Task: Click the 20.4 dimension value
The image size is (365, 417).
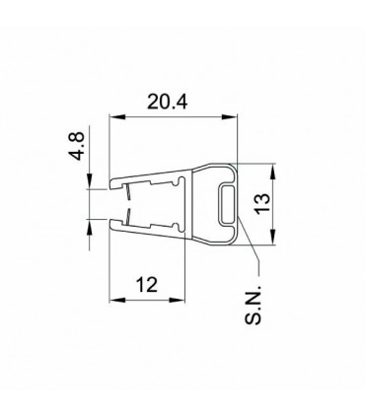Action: tap(167, 102)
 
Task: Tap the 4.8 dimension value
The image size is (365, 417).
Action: tap(78, 146)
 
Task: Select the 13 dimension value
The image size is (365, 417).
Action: tap(262, 204)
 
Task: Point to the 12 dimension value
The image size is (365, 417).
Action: tap(147, 285)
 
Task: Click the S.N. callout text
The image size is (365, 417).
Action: tap(253, 303)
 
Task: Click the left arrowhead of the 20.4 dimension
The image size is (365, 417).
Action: tap(117, 117)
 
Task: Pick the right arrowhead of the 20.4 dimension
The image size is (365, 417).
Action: tap(229, 117)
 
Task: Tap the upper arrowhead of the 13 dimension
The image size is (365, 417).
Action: tap(272, 172)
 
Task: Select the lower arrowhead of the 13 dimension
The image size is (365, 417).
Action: tap(272, 237)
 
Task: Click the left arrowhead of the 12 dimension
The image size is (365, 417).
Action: tap(117, 300)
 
